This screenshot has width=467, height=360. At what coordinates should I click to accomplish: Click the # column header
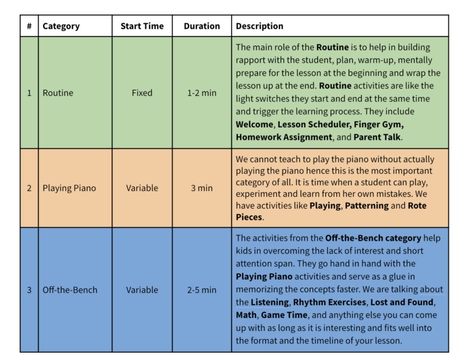(29, 26)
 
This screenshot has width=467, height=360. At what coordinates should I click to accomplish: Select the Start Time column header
(142, 26)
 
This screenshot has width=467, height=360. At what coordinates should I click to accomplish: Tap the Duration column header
(201, 26)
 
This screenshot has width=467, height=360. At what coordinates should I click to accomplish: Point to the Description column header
(260, 26)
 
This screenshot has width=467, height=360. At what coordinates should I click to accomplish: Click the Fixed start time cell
(142, 93)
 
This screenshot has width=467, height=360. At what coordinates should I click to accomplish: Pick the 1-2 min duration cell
(201, 93)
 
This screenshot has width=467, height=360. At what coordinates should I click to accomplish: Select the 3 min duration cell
(201, 188)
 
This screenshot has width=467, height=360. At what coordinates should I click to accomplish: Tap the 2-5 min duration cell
(201, 290)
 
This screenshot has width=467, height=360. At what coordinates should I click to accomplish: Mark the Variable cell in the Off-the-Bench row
(142, 290)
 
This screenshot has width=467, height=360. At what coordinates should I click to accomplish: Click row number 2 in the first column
(29, 188)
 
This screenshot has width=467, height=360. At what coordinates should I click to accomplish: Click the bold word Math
(246, 315)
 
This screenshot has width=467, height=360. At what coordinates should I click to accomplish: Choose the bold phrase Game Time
(284, 315)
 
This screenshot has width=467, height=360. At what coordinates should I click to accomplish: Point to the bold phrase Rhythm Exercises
(327, 302)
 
